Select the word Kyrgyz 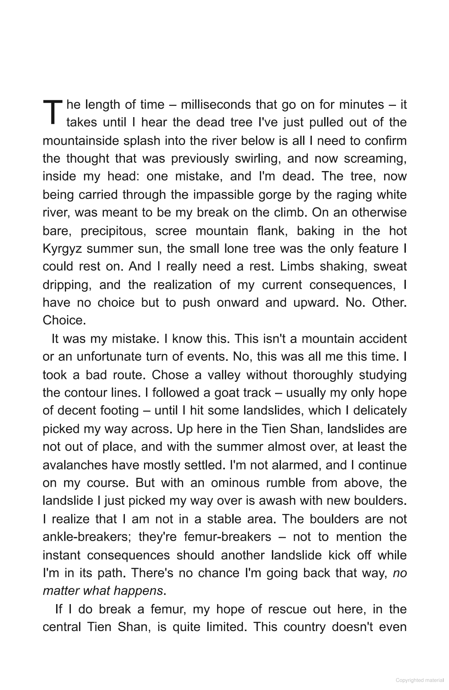pos(62,249)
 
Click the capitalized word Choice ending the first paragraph pos(63,320)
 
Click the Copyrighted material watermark pos(420,680)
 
